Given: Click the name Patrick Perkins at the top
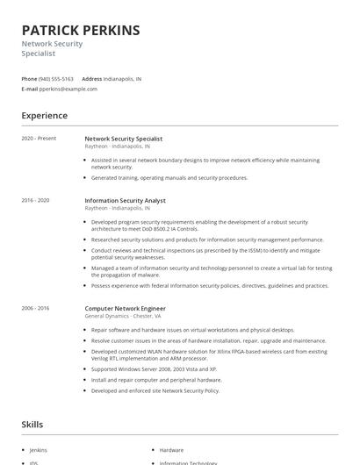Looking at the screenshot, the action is click(81, 30).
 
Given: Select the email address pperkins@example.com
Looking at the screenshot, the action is click(68, 89).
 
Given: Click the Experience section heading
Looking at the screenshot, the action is click(44, 116).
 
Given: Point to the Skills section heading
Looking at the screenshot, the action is click(32, 425).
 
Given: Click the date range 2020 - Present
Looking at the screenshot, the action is click(39, 139).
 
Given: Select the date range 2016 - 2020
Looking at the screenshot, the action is click(35, 200).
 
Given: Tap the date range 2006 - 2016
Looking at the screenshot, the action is click(35, 308).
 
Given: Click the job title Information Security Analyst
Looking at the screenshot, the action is click(125, 201).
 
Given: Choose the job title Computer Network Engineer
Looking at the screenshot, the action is click(125, 308).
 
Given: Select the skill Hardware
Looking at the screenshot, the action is click(171, 450).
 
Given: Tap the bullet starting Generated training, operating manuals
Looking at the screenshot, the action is click(169, 177).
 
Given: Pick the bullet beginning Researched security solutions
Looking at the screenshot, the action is click(207, 240).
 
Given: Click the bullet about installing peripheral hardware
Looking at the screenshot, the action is click(156, 381).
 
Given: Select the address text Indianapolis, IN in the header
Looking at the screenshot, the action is click(122, 79).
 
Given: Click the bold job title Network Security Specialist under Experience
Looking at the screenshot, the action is click(124, 139).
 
